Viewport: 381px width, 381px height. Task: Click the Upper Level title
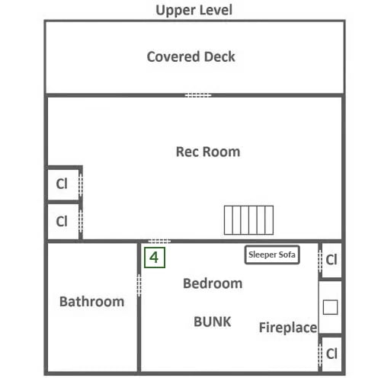pos(194,11)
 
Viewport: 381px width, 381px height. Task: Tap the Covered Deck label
pos(190,56)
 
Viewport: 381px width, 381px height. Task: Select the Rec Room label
pos(208,152)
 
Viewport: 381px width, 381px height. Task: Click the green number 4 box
pos(155,258)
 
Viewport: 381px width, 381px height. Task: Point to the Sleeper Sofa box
pos(272,255)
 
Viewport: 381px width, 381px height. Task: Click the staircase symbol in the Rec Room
pos(248,220)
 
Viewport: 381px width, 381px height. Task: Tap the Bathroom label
pos(91,302)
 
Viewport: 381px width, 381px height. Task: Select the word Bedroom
pos(213,283)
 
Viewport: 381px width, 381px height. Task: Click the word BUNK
pos(213,322)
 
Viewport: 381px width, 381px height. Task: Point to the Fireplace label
pos(288,328)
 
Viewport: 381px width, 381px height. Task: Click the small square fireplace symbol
pos(330,307)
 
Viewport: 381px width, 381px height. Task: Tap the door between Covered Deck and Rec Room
pos(198,95)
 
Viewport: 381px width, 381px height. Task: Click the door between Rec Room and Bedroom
pos(159,241)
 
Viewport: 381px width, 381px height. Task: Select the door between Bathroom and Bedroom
pos(139,285)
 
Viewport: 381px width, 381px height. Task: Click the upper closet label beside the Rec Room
pos(62,184)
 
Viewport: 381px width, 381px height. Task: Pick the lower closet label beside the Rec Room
pos(62,221)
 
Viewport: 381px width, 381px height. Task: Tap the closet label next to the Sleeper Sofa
pos(331,260)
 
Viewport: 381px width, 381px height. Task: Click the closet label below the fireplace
pos(331,354)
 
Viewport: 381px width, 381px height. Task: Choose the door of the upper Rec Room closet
pos(81,185)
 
